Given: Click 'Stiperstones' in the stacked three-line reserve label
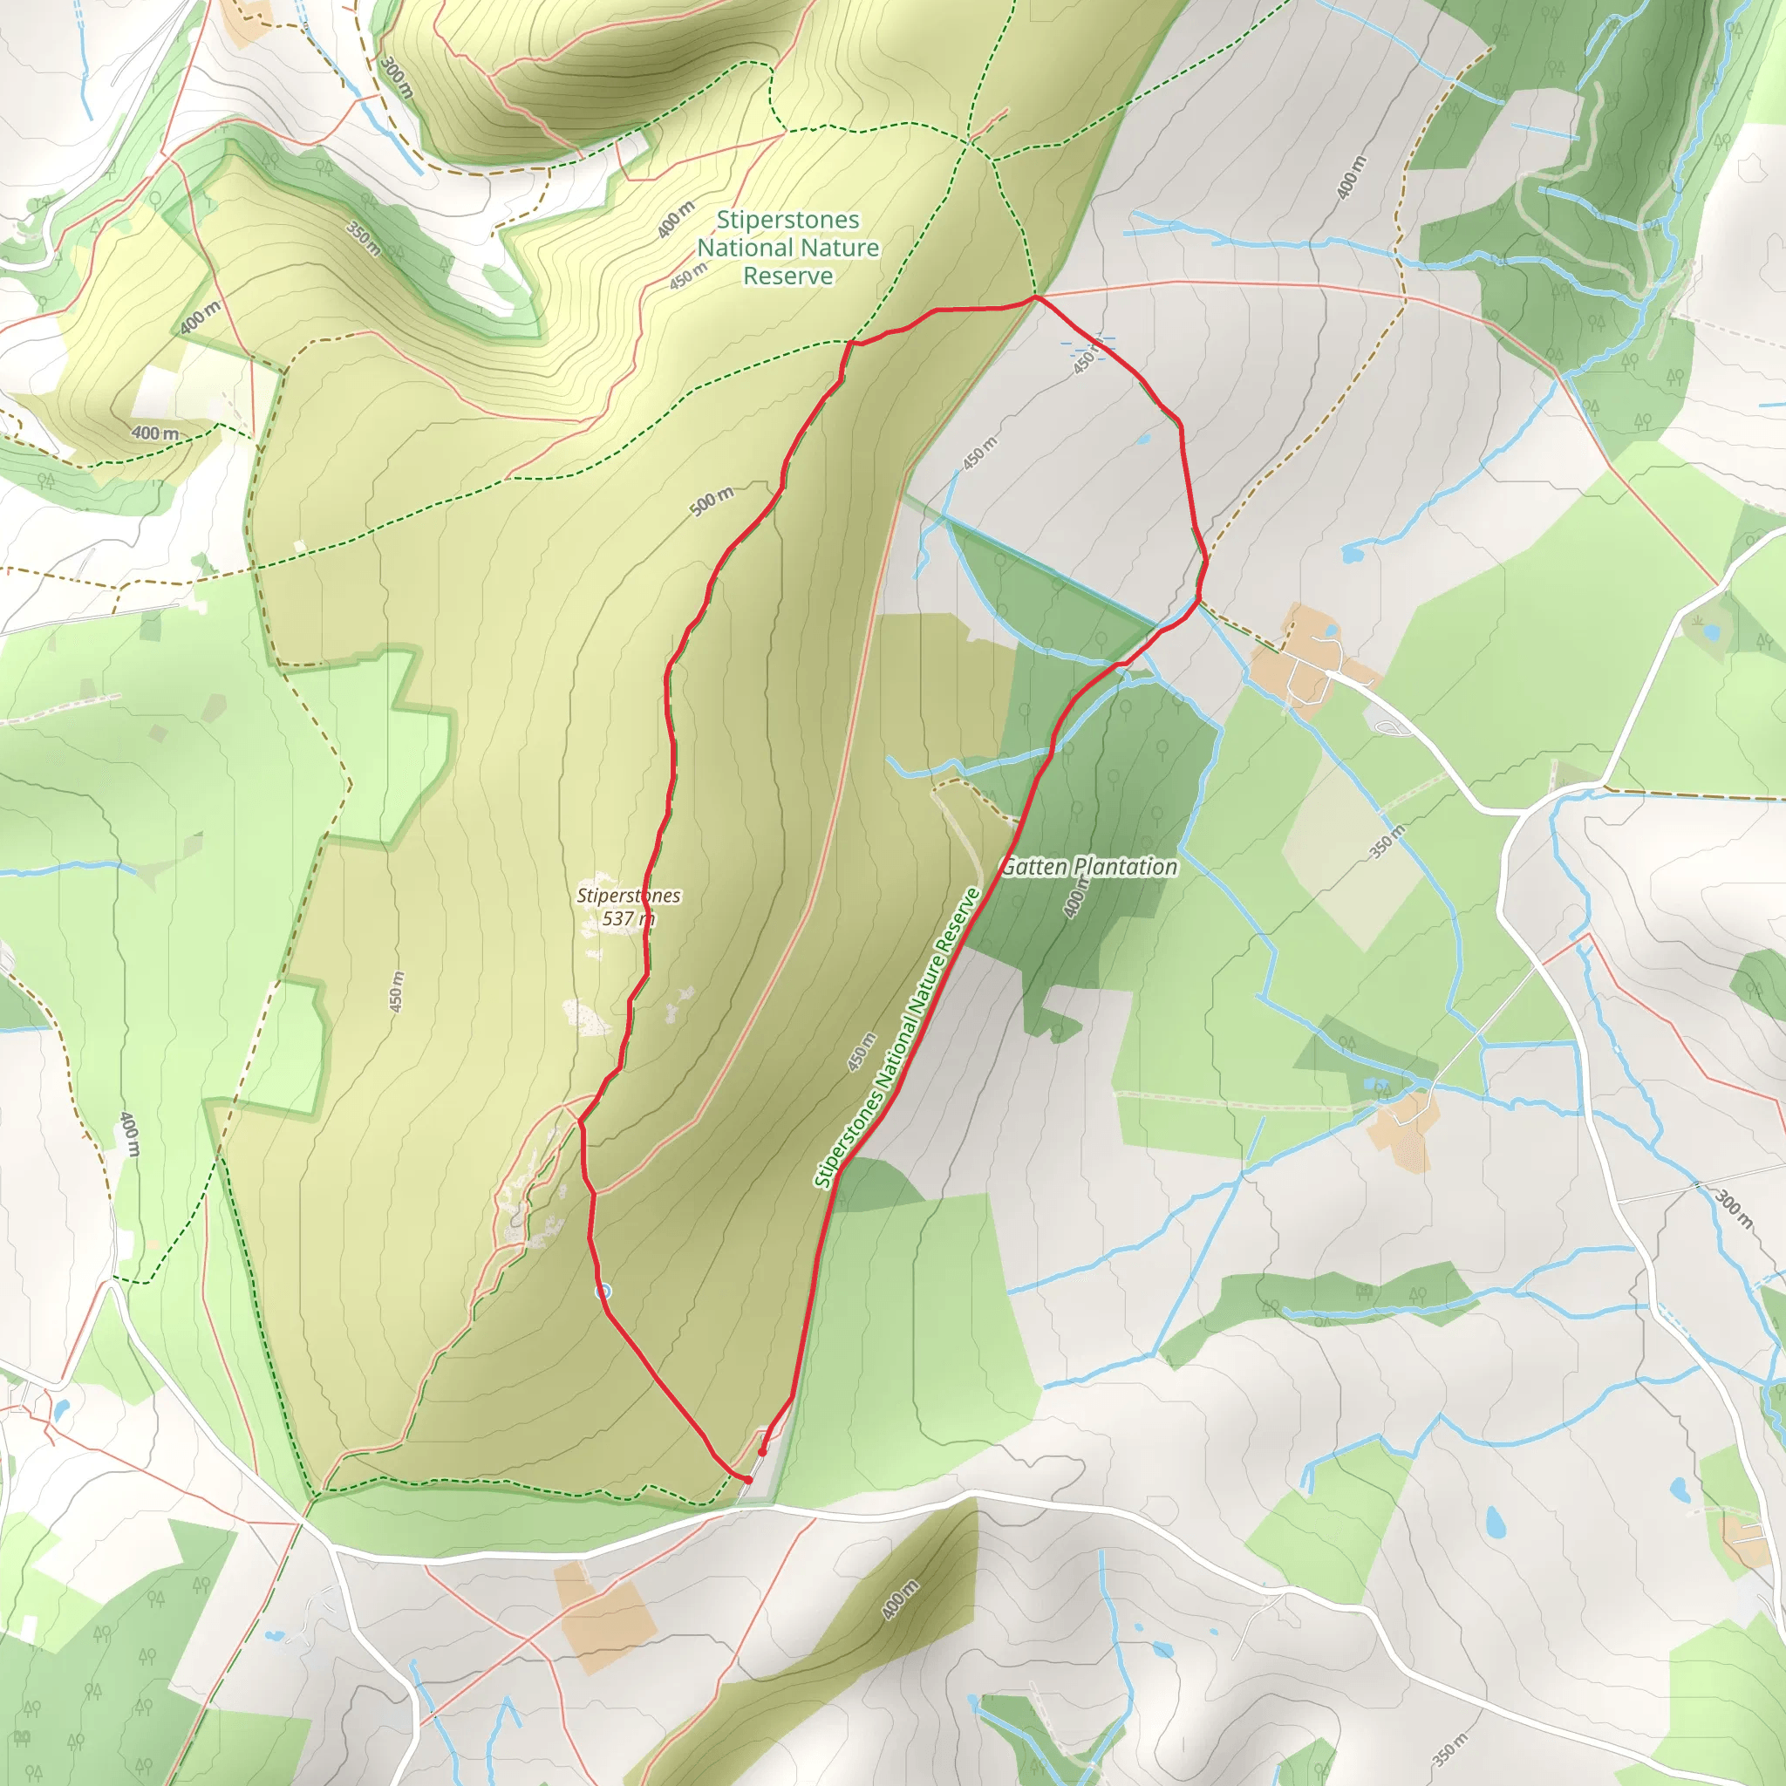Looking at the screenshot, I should (x=787, y=220).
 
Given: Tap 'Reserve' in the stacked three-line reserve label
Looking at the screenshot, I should (x=787, y=276).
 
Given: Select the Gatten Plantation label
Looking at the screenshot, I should (x=1089, y=866).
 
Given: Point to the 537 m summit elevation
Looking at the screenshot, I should (x=628, y=918).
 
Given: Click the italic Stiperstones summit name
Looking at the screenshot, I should (x=628, y=895).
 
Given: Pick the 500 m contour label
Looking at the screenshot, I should (x=712, y=501).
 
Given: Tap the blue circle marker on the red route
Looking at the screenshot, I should (x=603, y=1291).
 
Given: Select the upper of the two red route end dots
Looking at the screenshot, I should (x=761, y=1452).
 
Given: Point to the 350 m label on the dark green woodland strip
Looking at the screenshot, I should (x=364, y=238).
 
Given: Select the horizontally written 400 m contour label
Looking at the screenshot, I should (x=154, y=433).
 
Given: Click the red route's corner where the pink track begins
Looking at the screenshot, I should (x=1036, y=297).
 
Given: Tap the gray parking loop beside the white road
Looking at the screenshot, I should (x=1389, y=727).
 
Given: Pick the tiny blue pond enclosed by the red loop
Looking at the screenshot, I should (x=1142, y=440).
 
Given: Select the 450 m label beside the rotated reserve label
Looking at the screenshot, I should (x=862, y=1052).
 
